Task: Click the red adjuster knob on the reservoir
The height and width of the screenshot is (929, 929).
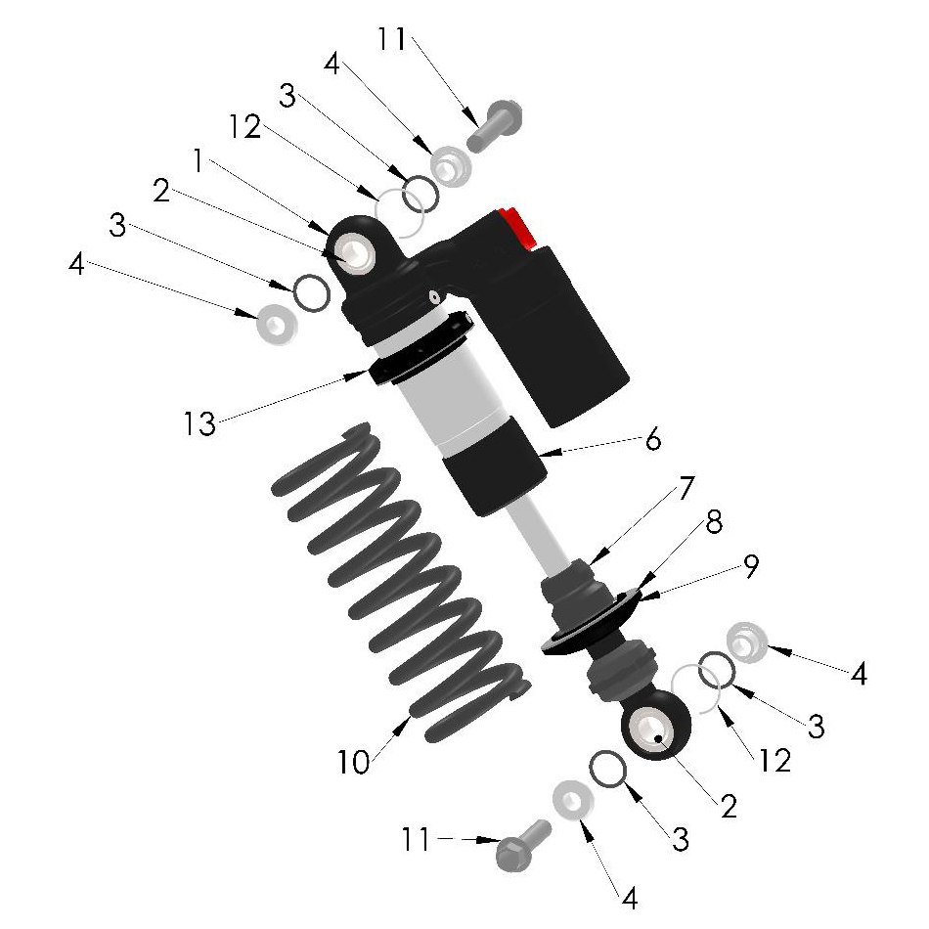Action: [518, 227]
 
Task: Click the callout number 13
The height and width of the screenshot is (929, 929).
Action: [199, 423]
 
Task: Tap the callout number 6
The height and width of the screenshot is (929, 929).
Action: [653, 440]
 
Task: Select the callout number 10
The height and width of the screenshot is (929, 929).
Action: [353, 762]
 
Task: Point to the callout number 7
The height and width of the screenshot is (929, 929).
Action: [686, 488]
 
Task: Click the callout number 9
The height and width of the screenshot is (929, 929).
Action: [751, 566]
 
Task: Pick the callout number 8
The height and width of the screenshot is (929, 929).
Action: [714, 522]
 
